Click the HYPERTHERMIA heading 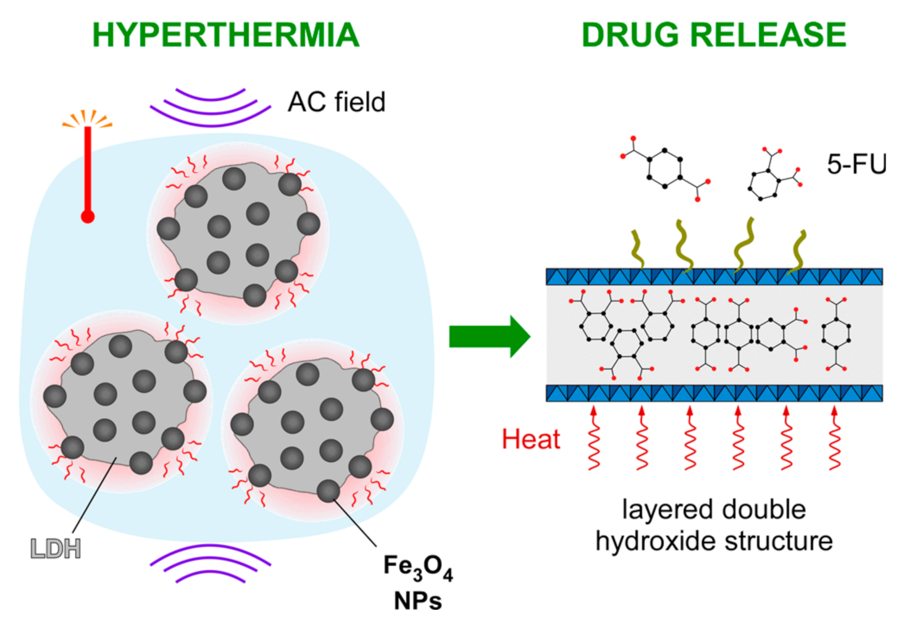click(x=225, y=35)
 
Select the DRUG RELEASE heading click(x=714, y=35)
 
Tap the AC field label click(x=337, y=102)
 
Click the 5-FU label click(x=856, y=164)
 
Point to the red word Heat click(x=530, y=439)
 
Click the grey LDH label click(x=56, y=549)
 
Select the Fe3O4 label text click(x=418, y=567)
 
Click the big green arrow click(x=489, y=336)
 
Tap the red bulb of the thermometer click(x=88, y=217)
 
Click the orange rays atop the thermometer click(x=88, y=118)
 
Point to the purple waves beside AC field click(x=211, y=107)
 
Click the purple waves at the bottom click(x=211, y=563)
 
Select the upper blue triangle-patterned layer click(x=714, y=276)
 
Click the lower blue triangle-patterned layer click(x=714, y=393)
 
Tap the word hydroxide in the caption click(x=656, y=541)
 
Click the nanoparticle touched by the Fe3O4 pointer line click(x=328, y=491)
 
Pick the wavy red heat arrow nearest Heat click(x=594, y=438)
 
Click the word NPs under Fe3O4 click(x=418, y=600)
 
